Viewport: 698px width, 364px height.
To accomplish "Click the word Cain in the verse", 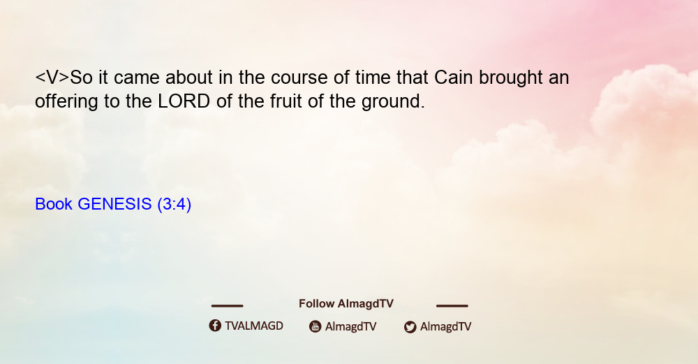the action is (x=453, y=78).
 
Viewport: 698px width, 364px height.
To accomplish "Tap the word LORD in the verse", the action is (x=184, y=101).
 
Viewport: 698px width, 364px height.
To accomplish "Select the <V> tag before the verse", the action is (x=52, y=78).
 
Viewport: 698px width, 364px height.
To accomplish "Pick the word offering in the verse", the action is (x=66, y=102).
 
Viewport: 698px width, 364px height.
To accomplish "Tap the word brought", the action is (x=511, y=78).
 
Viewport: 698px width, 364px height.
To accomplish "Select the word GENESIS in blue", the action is (x=114, y=204).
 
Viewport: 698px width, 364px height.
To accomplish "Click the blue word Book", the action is (x=54, y=204).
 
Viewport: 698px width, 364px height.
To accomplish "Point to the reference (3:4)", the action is (x=174, y=205).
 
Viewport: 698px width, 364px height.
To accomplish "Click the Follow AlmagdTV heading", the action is (x=346, y=304).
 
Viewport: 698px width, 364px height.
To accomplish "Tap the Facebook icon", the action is (x=215, y=326).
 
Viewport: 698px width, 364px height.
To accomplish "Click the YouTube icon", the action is (x=315, y=326).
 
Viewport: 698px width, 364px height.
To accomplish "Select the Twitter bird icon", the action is (x=410, y=327).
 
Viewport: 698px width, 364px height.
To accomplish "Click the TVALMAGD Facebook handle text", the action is (x=254, y=326).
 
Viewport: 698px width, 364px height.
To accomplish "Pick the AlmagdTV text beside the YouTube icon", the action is (x=351, y=327).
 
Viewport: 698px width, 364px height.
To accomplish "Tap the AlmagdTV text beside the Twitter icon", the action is (x=445, y=327).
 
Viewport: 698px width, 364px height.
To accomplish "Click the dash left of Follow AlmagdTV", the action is (x=227, y=306).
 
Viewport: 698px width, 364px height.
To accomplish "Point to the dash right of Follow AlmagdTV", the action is (x=452, y=306).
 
